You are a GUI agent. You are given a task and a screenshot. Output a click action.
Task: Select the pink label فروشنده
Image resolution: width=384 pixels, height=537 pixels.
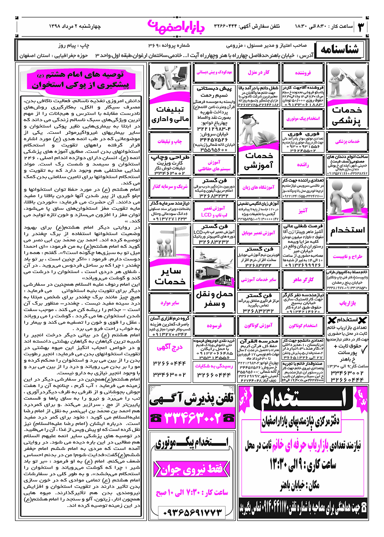click(303, 72)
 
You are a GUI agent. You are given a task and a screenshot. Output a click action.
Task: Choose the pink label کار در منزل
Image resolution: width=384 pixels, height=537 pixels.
click(258, 72)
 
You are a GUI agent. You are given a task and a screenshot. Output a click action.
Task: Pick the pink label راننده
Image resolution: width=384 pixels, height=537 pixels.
click(303, 165)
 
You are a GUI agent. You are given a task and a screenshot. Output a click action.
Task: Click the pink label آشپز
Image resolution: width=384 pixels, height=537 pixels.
click(303, 211)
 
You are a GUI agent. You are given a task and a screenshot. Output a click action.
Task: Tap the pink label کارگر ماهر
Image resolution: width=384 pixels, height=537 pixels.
click(303, 280)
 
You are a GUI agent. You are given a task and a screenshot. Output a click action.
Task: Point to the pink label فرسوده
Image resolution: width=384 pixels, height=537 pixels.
click(214, 326)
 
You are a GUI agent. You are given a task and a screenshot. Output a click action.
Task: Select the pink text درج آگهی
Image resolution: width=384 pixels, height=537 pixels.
click(169, 347)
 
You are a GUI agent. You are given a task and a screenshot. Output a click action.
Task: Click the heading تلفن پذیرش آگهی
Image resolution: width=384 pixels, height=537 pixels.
click(192, 399)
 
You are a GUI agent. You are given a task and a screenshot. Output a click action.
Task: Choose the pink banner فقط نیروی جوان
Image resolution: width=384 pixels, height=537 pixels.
click(191, 469)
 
